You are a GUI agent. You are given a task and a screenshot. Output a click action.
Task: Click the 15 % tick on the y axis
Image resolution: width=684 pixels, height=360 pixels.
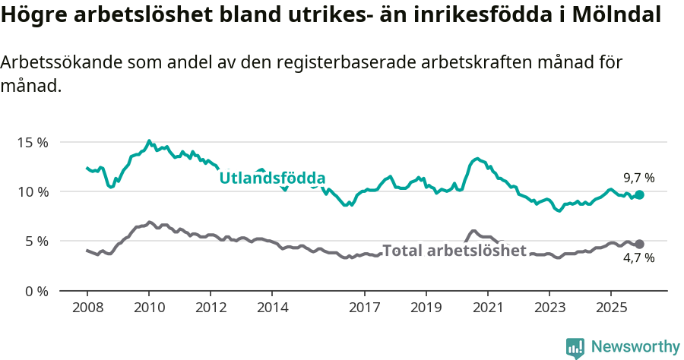32,142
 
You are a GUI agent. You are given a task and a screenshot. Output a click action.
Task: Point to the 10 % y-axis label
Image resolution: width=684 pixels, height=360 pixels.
32,191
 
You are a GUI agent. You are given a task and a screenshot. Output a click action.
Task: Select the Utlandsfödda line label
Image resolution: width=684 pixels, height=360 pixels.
272,178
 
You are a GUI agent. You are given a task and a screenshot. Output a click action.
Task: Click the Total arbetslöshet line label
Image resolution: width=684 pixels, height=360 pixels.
454,251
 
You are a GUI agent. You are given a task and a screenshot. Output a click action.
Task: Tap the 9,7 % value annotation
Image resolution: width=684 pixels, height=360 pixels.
638,178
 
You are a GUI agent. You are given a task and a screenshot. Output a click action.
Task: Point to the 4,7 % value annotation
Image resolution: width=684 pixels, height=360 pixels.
638,258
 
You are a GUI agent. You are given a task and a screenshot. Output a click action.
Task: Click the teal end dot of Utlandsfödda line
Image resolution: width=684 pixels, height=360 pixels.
639,195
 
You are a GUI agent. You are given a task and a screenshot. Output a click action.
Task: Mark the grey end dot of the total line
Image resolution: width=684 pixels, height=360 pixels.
639,244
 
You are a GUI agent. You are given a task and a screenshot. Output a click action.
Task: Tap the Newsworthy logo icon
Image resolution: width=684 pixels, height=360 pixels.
575,347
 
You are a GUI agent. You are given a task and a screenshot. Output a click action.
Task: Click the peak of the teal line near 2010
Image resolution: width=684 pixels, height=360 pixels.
148,141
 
